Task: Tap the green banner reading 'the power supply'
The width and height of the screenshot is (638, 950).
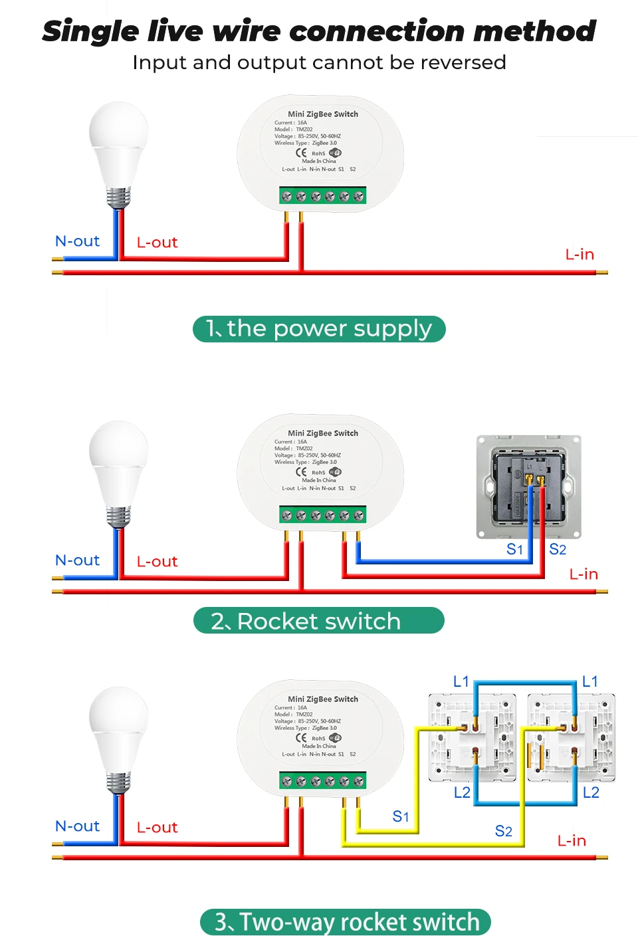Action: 319,329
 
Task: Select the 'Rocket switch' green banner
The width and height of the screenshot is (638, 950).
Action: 319,621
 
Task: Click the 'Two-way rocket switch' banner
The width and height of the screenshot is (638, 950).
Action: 346,922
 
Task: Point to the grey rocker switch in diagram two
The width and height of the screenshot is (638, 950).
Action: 529,487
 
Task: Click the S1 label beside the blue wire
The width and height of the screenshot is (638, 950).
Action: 515,549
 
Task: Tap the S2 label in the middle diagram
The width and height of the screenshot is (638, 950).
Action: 558,549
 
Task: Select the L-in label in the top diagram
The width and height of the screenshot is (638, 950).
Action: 580,255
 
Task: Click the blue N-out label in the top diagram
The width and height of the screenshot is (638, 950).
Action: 77,241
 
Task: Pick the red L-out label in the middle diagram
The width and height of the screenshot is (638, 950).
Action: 157,562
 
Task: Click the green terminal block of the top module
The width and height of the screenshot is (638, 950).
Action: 322,196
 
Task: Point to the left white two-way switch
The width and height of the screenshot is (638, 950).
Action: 472,737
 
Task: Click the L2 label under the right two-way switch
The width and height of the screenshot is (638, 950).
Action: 591,792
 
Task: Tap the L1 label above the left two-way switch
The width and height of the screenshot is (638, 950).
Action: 461,681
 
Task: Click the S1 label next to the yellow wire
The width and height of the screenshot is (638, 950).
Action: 401,816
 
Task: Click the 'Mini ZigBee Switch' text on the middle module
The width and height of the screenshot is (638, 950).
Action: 323,433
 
